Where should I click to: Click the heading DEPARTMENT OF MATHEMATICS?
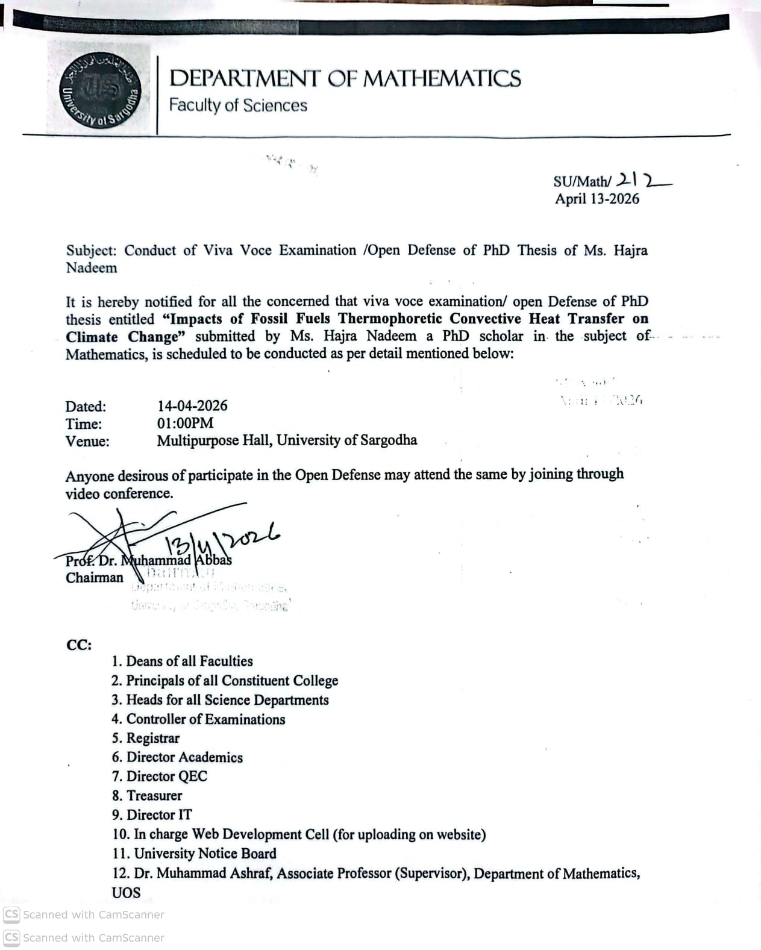[345, 79]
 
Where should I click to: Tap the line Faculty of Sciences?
[238, 105]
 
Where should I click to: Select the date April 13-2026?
[597, 199]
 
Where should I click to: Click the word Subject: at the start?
[91, 251]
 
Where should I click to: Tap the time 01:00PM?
[185, 423]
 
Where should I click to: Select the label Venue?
[87, 441]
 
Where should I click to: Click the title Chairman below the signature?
[95, 578]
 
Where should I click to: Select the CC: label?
[79, 645]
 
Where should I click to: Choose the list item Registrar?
[152, 738]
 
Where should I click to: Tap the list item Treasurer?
[154, 796]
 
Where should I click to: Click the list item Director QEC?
[166, 777]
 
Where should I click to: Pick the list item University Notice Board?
[205, 854]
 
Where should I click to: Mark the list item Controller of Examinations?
[205, 719]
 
